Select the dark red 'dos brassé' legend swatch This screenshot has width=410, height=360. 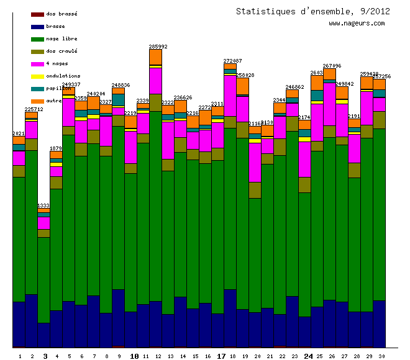pos(37,14)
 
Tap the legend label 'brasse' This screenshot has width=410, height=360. pos(55,26)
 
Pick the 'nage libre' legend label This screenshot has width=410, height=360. pos(61,38)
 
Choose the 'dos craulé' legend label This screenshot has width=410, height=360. pos(61,51)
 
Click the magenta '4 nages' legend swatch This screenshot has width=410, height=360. pos(37,63)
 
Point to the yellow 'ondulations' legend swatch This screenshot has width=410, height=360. pos(37,76)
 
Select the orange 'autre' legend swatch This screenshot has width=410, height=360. pos(37,101)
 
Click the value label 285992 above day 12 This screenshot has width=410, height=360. pos(158,47)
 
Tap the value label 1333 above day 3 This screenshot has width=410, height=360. pos(43,205)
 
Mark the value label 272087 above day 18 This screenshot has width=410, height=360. pos(233,61)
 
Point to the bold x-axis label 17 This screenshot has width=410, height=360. pos(221,356)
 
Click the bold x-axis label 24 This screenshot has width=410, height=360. pos(309,356)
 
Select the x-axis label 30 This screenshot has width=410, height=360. pos(381,356)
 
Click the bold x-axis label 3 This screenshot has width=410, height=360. pos(45,356)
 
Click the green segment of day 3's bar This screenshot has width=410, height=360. pos(43,279)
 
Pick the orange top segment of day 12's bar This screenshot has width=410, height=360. pos(155,56)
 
